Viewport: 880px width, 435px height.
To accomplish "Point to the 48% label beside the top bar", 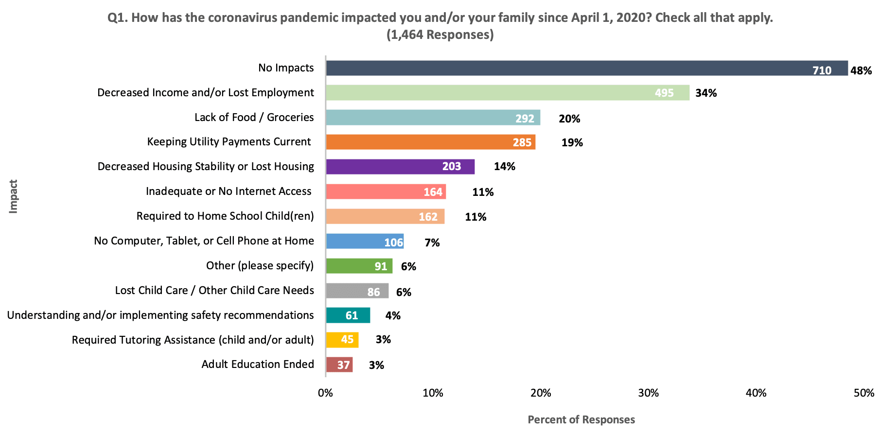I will (x=861, y=70).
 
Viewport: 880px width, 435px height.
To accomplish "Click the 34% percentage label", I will (x=706, y=93).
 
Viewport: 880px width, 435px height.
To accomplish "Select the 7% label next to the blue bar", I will (x=432, y=243).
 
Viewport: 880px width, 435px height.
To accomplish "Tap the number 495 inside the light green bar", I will (x=664, y=93).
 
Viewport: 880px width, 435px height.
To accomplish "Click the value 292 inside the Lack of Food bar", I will (x=525, y=119).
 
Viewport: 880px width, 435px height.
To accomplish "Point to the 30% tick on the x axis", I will (x=648, y=393).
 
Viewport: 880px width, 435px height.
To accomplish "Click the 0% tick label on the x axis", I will (x=325, y=393).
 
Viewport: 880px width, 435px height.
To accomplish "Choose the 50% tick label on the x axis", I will (x=863, y=393).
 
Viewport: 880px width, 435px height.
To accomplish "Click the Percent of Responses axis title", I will (x=581, y=419).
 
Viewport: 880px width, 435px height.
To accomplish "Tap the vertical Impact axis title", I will (x=13, y=196).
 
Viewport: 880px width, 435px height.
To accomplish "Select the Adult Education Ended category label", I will (x=258, y=364).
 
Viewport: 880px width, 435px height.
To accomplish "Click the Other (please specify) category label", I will (x=260, y=265).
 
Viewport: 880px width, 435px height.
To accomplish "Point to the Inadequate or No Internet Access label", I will (x=229, y=191).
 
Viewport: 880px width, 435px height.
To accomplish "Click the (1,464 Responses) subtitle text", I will (x=440, y=35).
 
